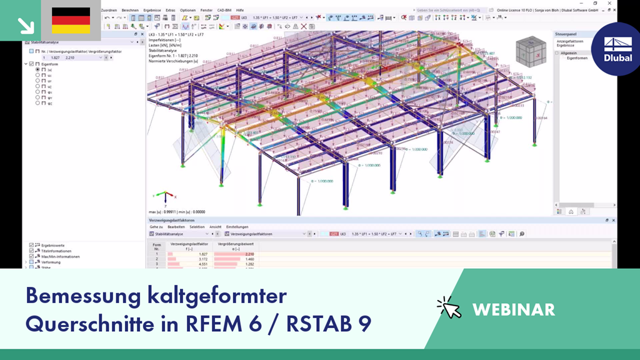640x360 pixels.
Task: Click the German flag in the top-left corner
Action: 71,21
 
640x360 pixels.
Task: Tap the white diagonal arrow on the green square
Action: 26,25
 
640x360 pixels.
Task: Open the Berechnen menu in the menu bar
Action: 131,10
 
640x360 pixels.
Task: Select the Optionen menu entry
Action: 187,10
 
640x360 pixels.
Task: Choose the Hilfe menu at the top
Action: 240,10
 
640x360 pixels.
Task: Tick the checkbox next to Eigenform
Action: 31,64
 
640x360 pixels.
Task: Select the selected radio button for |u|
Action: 38,69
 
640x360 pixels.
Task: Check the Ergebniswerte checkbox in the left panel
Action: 31,246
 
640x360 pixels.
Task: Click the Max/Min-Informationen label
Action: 61,256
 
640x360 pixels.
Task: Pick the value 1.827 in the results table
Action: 203,254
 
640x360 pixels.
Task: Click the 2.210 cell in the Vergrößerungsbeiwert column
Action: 249,254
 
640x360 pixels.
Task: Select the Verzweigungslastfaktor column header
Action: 189,244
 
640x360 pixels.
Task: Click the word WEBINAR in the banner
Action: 513,309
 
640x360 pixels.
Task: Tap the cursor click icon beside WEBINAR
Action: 448,307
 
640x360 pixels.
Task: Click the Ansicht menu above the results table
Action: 215,227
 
